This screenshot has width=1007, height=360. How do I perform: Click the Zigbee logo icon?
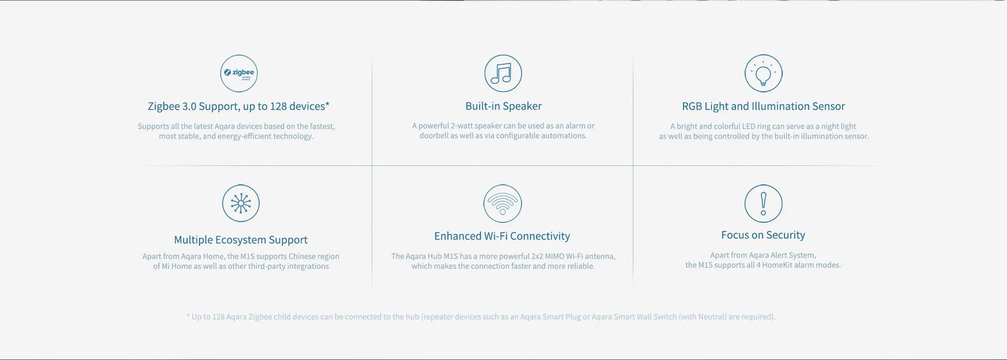tap(239, 73)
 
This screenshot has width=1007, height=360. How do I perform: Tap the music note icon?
tap(503, 73)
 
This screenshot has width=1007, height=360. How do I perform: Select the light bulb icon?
tap(763, 73)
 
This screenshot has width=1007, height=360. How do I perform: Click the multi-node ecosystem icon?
tap(241, 203)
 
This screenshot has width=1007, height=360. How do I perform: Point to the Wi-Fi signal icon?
tap(502, 203)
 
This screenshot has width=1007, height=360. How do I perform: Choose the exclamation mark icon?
tap(763, 203)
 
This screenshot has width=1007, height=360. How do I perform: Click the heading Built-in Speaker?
tap(503, 106)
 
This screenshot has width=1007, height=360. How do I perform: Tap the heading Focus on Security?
tap(763, 235)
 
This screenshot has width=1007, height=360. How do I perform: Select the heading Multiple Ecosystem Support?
tap(241, 240)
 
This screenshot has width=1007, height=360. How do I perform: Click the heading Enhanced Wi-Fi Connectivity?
tap(502, 236)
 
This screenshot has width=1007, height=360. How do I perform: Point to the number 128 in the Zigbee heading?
tap(278, 106)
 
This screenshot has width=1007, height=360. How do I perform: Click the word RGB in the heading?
tap(692, 106)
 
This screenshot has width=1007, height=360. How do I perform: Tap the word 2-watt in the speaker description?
tap(462, 126)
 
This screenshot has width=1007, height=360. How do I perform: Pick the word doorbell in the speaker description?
tap(431, 136)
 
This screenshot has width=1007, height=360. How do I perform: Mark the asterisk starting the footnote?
tap(188, 316)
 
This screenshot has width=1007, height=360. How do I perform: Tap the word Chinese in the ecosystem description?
tap(302, 256)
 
